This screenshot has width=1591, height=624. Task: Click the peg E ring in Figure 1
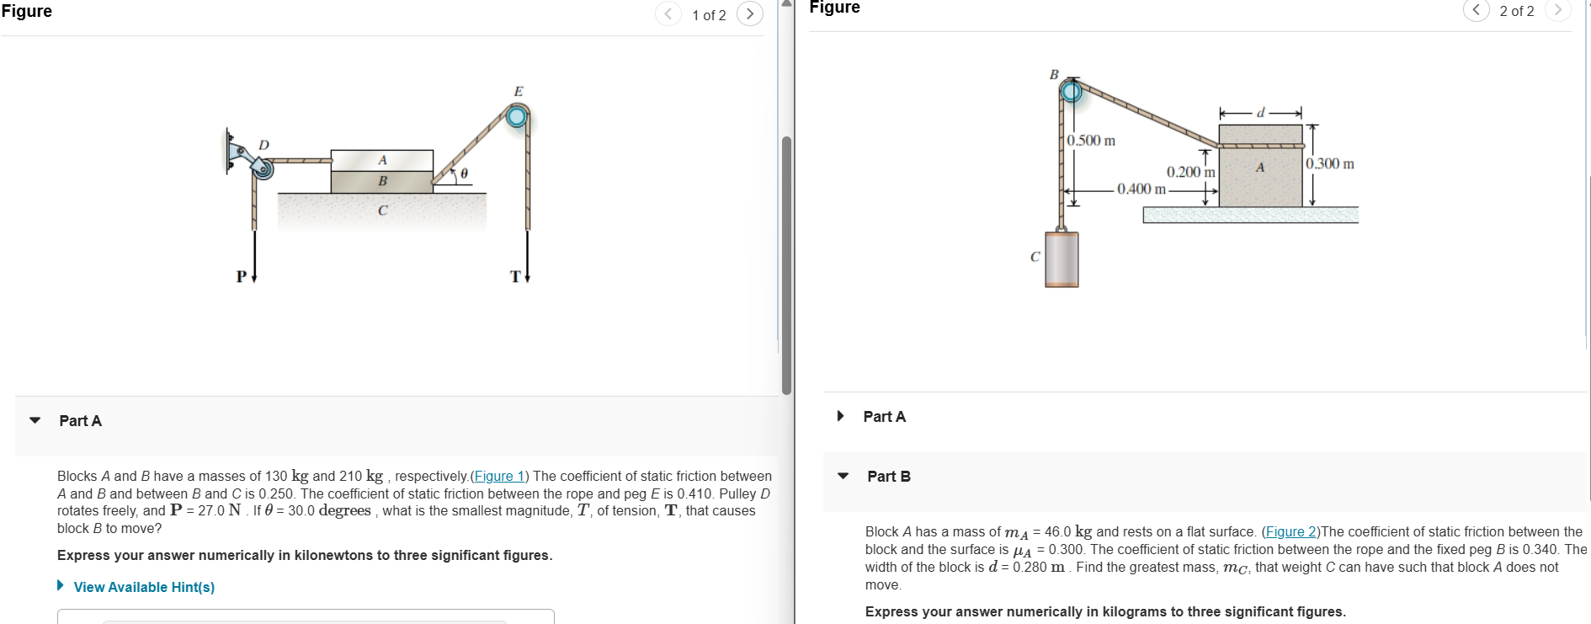click(517, 115)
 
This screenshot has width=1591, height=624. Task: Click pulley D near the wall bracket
click(263, 169)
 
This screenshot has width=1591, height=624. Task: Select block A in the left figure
click(382, 160)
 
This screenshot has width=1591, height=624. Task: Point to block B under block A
click(382, 181)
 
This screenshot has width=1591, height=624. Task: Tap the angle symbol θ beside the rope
click(464, 174)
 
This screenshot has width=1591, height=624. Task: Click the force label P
click(242, 276)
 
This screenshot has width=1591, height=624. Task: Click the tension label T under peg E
click(515, 276)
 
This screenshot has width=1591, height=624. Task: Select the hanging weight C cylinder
click(1062, 259)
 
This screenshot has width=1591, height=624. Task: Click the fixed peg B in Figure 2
click(1071, 90)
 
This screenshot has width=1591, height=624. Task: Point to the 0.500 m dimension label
click(1091, 141)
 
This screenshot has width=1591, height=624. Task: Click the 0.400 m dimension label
click(1141, 189)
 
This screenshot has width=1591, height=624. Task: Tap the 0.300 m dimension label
click(1330, 163)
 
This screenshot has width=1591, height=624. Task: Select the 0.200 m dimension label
click(1190, 172)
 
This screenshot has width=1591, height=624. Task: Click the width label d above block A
click(1260, 113)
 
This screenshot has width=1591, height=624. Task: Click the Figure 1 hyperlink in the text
click(499, 476)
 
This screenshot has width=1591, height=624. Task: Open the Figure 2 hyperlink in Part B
click(1290, 531)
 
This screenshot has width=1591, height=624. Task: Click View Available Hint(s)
click(143, 587)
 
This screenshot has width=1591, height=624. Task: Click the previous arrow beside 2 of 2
click(1476, 10)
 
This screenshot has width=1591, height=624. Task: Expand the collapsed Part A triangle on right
click(840, 416)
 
